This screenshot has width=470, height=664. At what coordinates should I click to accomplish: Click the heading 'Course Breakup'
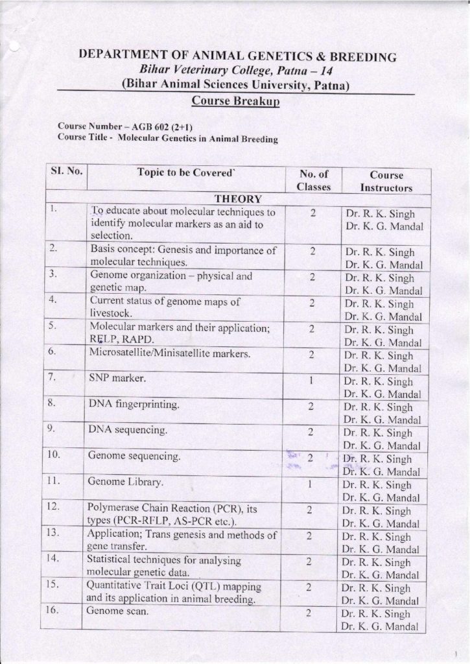235,102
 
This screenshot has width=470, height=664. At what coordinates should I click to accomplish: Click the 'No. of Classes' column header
314,180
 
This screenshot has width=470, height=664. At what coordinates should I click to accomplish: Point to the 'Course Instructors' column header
386,181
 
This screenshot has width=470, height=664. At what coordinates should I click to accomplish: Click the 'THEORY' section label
238,198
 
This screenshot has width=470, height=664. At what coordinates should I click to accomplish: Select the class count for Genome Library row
312,484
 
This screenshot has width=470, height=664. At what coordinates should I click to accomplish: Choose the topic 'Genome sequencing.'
134,457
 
